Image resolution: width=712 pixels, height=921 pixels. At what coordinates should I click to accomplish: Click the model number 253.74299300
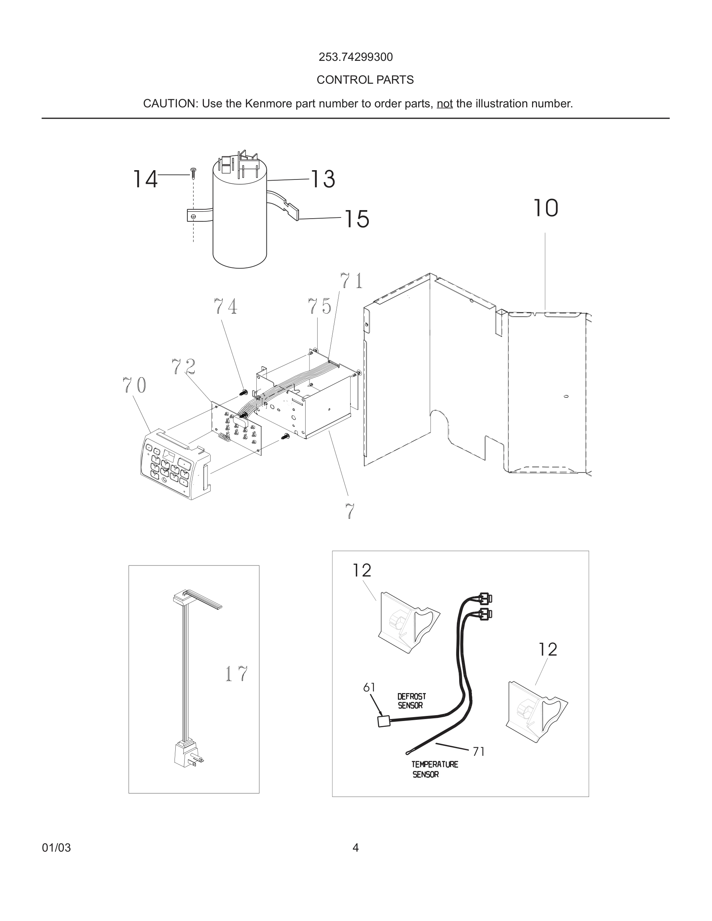356,57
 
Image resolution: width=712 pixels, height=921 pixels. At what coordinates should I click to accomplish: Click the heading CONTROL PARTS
365,80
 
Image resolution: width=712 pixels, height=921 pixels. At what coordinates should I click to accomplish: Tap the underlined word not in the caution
444,104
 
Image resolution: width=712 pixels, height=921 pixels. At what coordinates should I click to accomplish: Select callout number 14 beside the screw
145,179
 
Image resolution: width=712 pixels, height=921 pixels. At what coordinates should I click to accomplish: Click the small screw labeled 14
193,173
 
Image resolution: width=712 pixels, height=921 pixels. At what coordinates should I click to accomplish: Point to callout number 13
323,179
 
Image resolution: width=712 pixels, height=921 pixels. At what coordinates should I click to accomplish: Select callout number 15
357,219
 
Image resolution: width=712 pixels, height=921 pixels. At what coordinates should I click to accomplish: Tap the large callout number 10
545,208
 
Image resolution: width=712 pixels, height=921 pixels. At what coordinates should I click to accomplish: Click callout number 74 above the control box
225,306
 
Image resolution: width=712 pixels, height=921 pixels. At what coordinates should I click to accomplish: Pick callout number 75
319,306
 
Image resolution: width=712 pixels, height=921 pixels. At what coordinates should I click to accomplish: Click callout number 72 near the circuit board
183,366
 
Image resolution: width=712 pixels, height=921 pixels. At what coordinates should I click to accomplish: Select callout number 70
135,385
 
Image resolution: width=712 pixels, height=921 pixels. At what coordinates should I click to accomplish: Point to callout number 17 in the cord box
236,673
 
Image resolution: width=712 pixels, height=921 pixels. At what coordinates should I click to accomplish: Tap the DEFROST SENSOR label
411,700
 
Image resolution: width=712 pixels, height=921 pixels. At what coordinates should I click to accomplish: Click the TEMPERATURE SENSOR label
434,769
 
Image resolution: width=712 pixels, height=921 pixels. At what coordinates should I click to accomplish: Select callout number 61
369,687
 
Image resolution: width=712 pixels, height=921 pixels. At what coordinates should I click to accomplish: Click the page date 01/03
56,848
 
